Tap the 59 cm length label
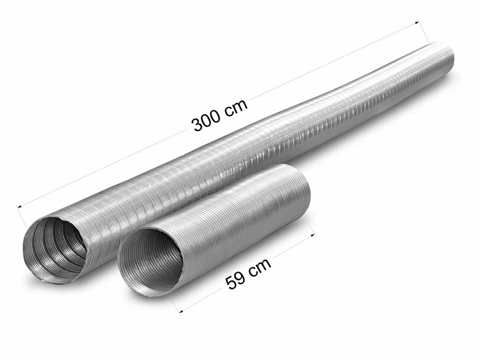[x=249, y=273]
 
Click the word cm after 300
[x=236, y=107]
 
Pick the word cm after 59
[x=260, y=266]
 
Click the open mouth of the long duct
[x=55, y=248]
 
